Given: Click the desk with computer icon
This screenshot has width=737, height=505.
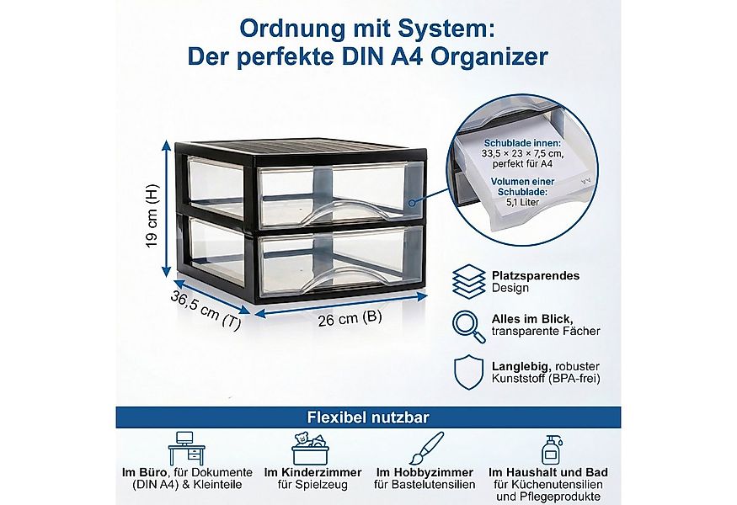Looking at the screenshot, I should (x=187, y=446).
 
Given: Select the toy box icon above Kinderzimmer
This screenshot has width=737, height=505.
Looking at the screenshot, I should (x=312, y=447).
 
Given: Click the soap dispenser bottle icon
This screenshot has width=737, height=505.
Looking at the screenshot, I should (x=552, y=446).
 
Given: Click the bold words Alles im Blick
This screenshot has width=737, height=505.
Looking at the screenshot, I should (x=532, y=319).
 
